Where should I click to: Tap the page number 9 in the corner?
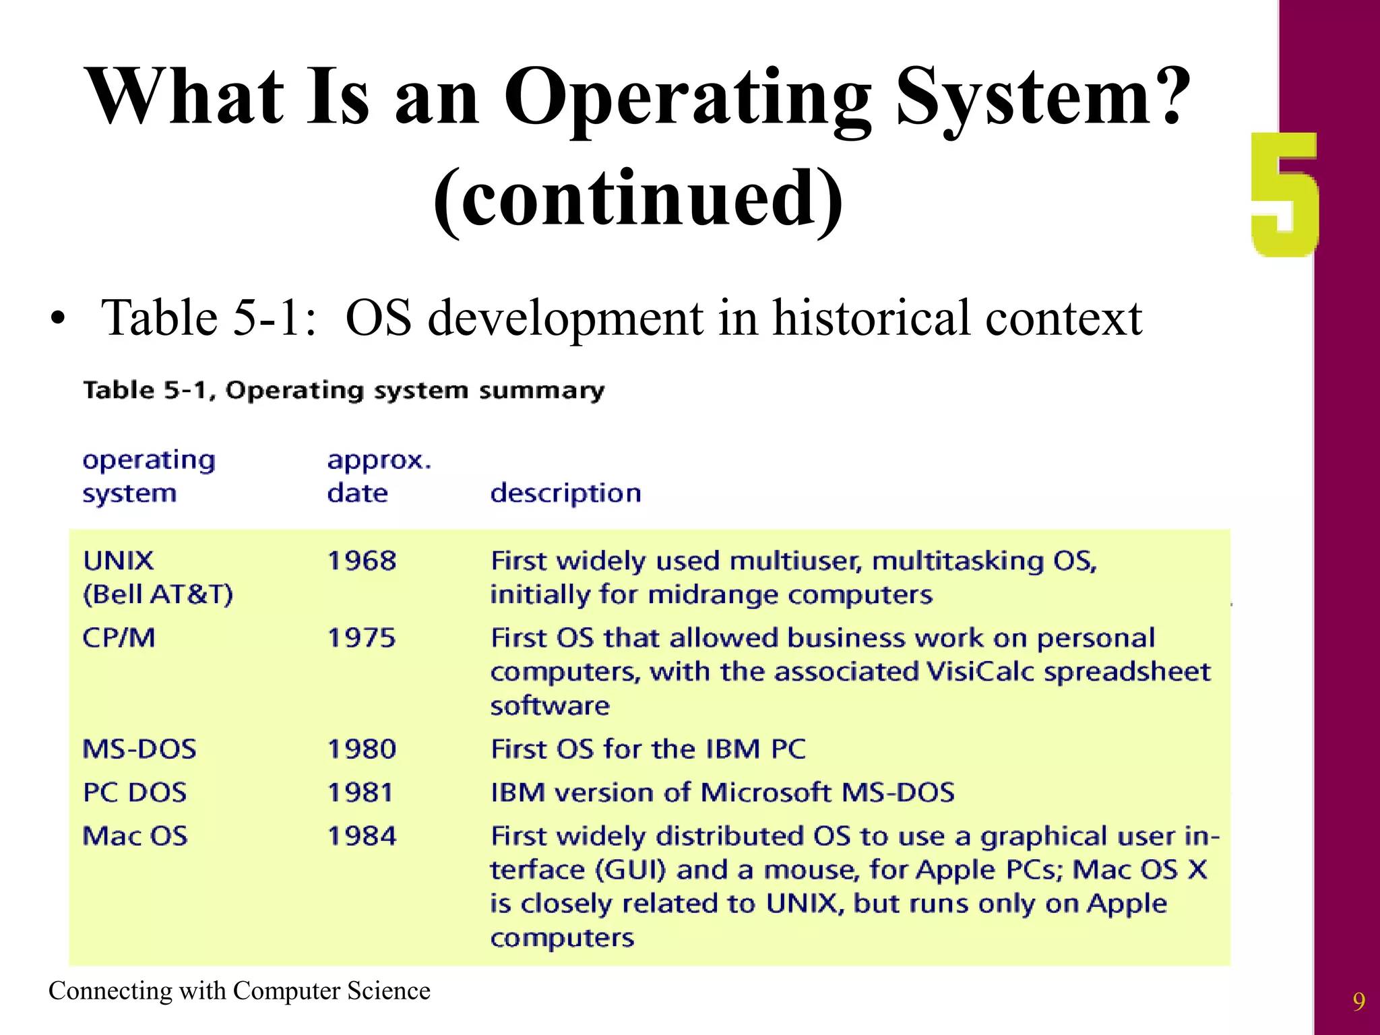(x=1358, y=1002)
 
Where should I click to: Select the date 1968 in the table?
(x=362, y=561)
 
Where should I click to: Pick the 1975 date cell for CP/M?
(x=362, y=638)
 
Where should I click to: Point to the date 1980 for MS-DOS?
(x=362, y=749)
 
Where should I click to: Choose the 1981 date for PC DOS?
(x=360, y=792)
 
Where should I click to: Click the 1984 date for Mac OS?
(x=362, y=836)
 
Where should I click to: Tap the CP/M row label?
(x=119, y=638)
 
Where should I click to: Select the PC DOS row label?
(x=135, y=792)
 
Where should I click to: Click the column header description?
(x=565, y=494)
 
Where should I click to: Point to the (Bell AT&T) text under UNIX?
(x=158, y=594)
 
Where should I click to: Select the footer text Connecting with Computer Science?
(x=239, y=991)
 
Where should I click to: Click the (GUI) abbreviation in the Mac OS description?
(x=631, y=870)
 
